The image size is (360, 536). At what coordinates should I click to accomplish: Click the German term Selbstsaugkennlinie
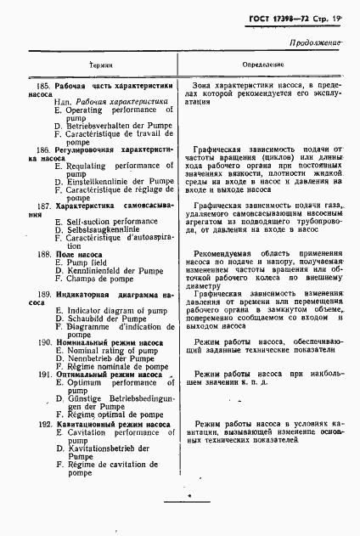[101, 231]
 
